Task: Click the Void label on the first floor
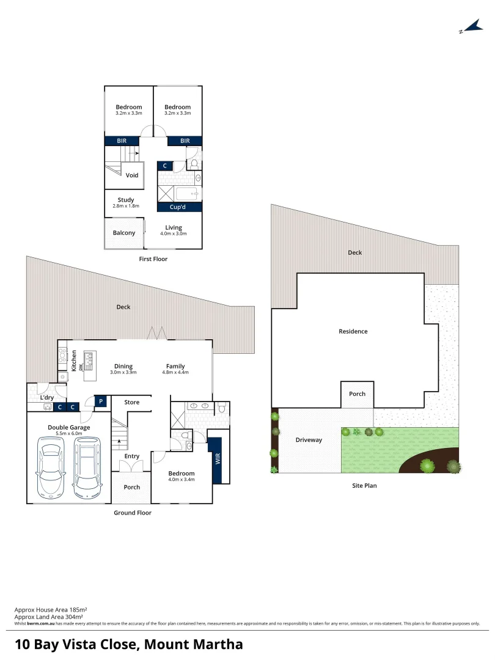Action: click(x=132, y=175)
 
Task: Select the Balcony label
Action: click(x=124, y=233)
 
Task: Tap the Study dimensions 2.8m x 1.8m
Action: click(x=126, y=206)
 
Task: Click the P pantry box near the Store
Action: click(x=101, y=402)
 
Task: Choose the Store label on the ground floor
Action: click(x=132, y=402)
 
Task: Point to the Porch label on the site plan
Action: click(x=358, y=394)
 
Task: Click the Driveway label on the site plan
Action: click(x=309, y=440)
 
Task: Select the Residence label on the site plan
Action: click(x=353, y=331)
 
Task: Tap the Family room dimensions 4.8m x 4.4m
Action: click(x=175, y=372)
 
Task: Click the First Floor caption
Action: click(x=153, y=259)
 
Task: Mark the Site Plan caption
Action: click(x=364, y=486)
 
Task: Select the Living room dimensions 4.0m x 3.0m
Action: click(x=174, y=233)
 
